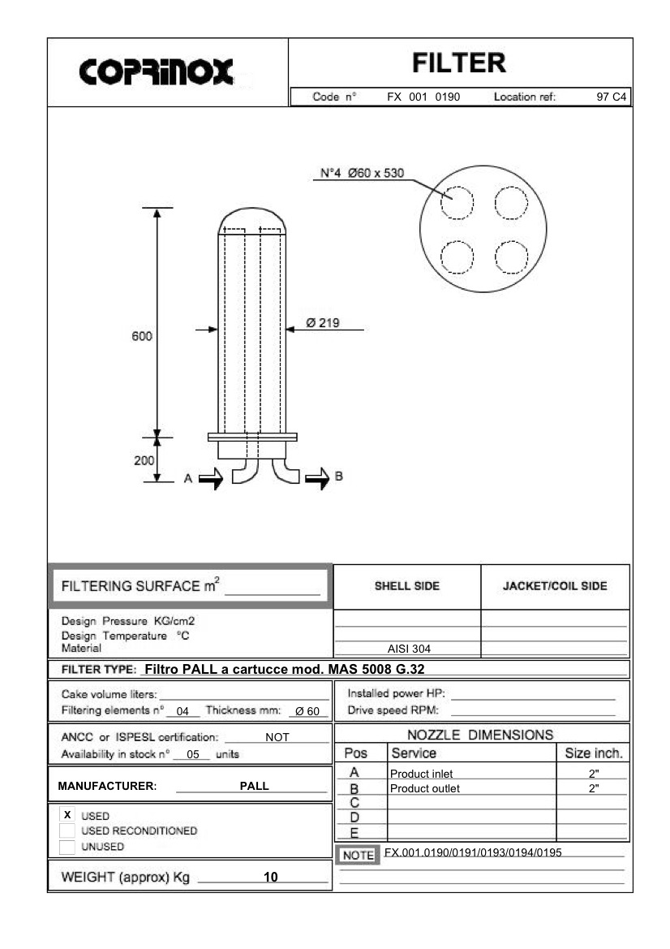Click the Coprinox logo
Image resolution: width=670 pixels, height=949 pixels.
157,72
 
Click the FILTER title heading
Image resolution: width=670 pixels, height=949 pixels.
458,63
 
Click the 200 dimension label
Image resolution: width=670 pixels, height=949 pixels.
143,459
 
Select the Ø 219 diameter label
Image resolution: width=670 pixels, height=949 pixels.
323,323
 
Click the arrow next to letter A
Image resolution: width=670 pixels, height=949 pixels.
210,479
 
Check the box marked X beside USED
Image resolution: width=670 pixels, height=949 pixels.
67,815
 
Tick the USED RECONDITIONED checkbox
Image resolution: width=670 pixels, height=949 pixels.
67,830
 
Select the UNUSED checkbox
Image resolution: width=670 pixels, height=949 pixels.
67,847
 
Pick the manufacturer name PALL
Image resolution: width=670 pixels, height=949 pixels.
255,786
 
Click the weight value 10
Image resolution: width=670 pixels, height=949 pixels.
271,877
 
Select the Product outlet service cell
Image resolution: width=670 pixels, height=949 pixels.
425,788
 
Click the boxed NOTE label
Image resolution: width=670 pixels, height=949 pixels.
357,856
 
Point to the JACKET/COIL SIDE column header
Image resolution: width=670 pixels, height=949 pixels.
555,586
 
